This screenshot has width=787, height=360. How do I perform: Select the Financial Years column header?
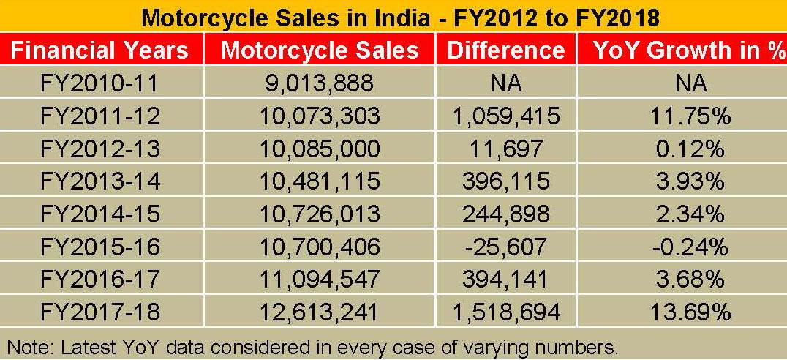[x=99, y=50]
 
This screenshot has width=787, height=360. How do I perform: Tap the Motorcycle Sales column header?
[x=320, y=50]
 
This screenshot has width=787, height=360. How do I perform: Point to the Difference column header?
[x=505, y=50]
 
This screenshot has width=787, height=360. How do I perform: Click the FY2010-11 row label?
[x=99, y=83]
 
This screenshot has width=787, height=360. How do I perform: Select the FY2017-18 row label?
[x=99, y=313]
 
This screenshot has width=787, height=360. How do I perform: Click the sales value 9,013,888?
[x=320, y=83]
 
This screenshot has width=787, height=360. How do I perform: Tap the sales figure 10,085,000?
[x=320, y=149]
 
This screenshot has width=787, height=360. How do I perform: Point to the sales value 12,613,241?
[x=320, y=313]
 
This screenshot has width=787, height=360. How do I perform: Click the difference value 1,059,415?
[x=505, y=116]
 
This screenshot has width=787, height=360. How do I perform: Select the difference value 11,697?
[x=505, y=149]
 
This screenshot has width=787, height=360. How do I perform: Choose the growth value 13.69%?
[x=690, y=313]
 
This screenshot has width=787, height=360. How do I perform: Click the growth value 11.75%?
[x=690, y=116]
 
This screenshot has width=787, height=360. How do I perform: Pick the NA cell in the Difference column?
[x=505, y=83]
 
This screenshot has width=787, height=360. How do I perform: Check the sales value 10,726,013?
[x=320, y=214]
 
